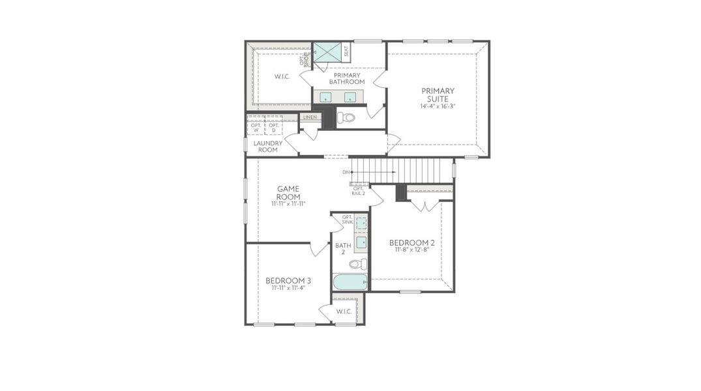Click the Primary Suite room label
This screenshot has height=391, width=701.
[x=438, y=94]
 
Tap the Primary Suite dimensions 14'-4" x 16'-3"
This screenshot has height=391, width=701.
[x=438, y=106]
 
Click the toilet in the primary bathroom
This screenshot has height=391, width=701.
[x=348, y=118]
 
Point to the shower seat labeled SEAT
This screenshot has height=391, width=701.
[x=346, y=51]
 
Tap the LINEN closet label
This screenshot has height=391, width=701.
[x=310, y=117]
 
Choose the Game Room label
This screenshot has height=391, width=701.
[x=288, y=193]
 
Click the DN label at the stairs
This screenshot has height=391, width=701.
[x=346, y=172]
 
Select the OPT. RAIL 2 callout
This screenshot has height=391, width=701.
[x=359, y=191]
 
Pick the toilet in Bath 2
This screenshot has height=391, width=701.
[x=358, y=264]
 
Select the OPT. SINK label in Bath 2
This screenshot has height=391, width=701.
[x=347, y=220]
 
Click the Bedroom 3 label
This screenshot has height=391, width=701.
[x=288, y=281]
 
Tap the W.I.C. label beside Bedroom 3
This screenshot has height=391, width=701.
[x=344, y=311]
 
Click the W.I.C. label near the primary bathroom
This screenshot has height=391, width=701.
[x=282, y=76]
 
